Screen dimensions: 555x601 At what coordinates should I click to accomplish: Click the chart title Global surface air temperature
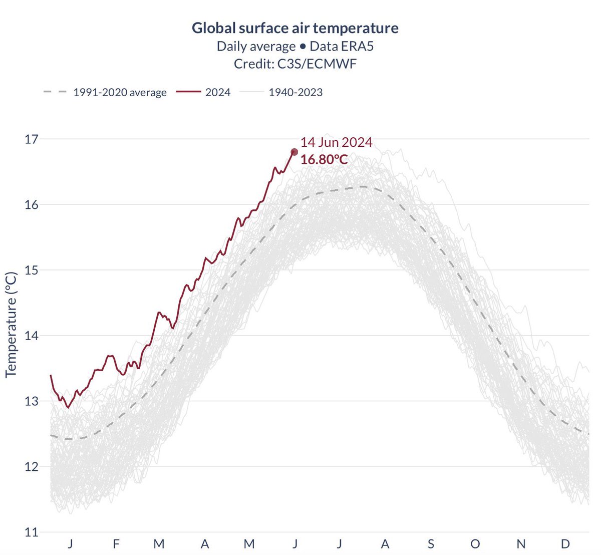[295, 28]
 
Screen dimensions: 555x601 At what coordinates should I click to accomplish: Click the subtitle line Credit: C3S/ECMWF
[295, 64]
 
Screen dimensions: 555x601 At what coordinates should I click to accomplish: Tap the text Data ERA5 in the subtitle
[342, 46]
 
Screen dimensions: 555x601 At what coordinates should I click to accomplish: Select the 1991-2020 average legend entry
[120, 92]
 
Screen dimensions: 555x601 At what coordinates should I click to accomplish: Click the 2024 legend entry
[218, 92]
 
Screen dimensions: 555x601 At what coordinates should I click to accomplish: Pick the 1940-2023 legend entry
[295, 92]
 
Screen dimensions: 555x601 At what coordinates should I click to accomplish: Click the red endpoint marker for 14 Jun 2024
[294, 152]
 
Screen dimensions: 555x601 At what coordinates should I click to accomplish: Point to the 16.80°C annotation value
[324, 160]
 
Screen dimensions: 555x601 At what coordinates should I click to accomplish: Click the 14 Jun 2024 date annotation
[336, 142]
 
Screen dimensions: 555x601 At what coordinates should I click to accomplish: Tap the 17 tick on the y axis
[32, 139]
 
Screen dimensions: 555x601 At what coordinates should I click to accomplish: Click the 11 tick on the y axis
[32, 532]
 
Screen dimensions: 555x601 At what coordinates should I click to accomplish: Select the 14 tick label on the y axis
[32, 336]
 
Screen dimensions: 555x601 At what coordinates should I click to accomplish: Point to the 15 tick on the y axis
[32, 270]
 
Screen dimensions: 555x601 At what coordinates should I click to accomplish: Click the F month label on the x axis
[116, 544]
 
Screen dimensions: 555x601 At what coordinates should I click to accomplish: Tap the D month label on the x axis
[565, 544]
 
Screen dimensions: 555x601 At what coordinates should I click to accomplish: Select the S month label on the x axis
[431, 544]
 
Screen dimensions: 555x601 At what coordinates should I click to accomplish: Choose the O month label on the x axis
[475, 544]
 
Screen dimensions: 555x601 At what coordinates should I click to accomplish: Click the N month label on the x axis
[521, 544]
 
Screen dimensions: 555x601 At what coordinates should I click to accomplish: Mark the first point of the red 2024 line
[51, 375]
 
